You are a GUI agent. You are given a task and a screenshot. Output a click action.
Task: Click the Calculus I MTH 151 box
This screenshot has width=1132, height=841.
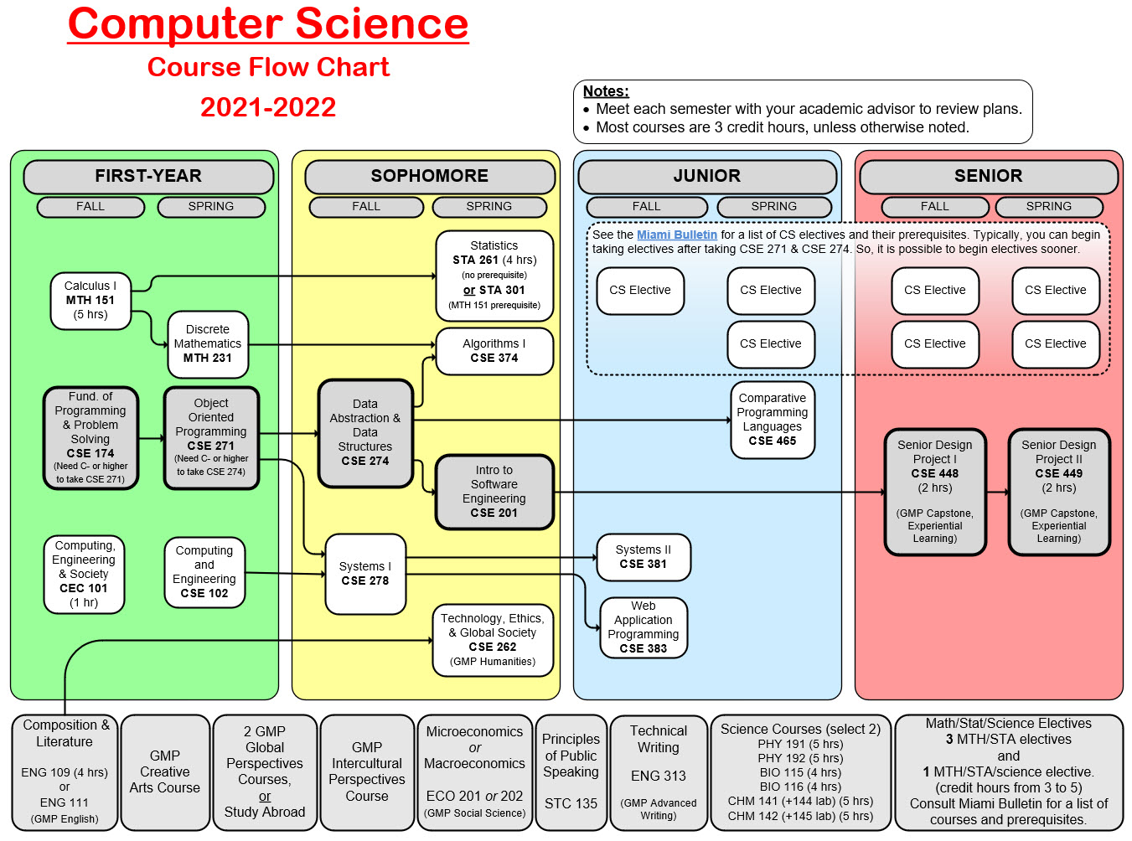[x=90, y=300]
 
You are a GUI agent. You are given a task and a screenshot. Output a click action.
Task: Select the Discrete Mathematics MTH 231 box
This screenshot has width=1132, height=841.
[x=208, y=343]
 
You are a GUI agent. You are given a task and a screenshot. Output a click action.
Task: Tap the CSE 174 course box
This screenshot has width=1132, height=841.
[x=90, y=437]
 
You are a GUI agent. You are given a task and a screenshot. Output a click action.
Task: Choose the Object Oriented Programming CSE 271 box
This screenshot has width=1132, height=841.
[x=211, y=437]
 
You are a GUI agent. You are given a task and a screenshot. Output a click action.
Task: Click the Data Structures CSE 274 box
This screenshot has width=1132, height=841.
[x=365, y=432]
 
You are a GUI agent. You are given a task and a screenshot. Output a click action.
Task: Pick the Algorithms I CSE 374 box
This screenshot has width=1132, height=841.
[x=494, y=351]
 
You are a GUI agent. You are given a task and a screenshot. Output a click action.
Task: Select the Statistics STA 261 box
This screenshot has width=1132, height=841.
[x=494, y=276]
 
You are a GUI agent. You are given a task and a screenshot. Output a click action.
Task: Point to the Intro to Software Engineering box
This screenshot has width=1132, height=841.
[x=494, y=492]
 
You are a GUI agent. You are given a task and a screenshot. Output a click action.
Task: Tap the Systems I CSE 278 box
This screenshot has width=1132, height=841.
[x=365, y=574]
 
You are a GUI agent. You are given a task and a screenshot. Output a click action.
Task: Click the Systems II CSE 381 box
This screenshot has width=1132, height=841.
[x=644, y=557]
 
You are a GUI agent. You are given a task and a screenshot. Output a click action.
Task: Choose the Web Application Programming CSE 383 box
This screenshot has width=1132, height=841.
[x=644, y=627]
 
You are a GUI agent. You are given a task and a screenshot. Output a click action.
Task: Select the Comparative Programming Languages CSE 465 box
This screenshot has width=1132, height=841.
[x=773, y=420]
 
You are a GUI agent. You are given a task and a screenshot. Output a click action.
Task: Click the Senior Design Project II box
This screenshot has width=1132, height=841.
[x=1059, y=493]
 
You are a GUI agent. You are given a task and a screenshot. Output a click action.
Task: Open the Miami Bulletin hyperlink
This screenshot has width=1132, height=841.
[x=677, y=235]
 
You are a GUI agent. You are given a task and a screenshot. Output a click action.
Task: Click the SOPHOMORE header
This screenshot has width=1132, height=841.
[x=430, y=176]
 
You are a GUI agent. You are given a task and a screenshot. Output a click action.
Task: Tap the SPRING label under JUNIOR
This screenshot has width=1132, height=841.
[x=774, y=206]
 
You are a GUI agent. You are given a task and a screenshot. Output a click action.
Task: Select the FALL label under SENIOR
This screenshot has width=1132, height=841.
[x=935, y=206]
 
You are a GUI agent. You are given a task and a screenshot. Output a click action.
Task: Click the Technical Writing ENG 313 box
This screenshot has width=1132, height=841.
[x=659, y=772]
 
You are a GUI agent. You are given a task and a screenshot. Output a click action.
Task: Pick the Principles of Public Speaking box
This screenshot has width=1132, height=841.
[x=571, y=772]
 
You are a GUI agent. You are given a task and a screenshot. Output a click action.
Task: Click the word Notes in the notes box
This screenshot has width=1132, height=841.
[x=606, y=91]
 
